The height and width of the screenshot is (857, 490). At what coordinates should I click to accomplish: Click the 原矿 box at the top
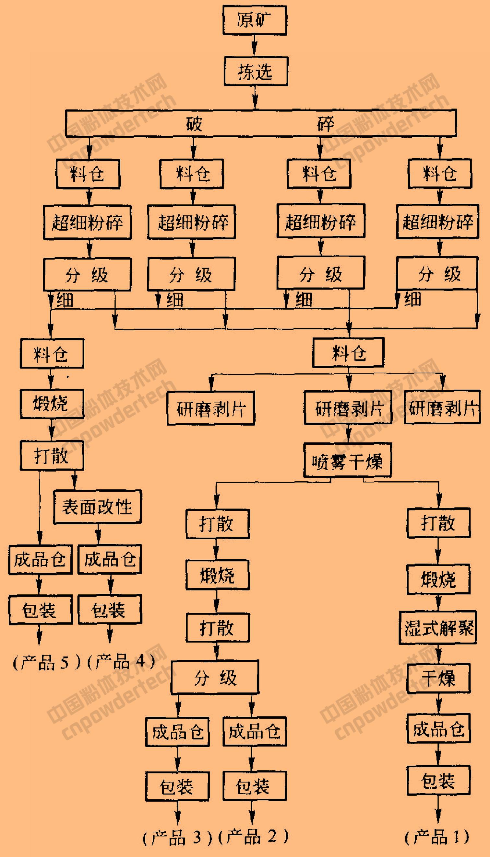pyautogui.click(x=255, y=20)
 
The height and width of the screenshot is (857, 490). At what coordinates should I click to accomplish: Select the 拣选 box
pyautogui.click(x=256, y=71)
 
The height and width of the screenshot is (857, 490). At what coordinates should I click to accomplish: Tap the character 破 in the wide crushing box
pyautogui.click(x=194, y=123)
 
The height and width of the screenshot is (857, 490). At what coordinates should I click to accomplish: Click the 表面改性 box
pyautogui.click(x=97, y=507)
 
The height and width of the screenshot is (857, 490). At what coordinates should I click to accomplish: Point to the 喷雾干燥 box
pyautogui.click(x=347, y=461)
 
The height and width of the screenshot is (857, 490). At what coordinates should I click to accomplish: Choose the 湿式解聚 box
pyautogui.click(x=438, y=627)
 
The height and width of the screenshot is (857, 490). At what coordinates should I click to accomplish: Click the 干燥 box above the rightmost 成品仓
pyautogui.click(x=438, y=679)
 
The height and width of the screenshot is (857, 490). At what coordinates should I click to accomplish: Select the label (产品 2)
pyautogui.click(x=253, y=836)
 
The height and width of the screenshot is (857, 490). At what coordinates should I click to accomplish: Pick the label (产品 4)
pyautogui.click(x=121, y=661)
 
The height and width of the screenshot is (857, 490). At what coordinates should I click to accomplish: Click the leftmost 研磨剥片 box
pyautogui.click(x=211, y=408)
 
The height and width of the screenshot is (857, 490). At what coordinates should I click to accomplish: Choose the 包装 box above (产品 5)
pyautogui.click(x=41, y=610)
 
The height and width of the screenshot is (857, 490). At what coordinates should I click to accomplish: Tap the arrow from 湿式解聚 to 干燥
pyautogui.click(x=438, y=654)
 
